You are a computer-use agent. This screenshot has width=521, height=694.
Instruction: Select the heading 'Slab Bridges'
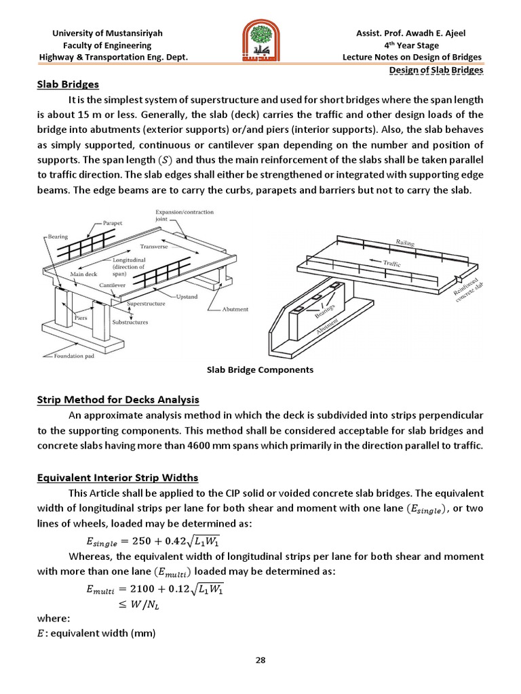tap(68, 85)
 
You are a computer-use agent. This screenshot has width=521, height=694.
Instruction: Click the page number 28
tap(260, 661)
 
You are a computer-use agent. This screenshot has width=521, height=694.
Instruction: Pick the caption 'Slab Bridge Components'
tap(260, 370)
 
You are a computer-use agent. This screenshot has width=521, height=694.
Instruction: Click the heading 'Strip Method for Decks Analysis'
tap(117, 399)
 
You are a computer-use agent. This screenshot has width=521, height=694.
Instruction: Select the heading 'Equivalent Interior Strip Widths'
tap(117, 478)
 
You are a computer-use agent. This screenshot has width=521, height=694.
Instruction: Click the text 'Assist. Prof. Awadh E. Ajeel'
tap(420, 33)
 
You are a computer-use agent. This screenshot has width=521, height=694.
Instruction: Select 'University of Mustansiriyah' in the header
tap(107, 33)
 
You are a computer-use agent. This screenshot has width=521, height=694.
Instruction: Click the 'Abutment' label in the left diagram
tap(235, 309)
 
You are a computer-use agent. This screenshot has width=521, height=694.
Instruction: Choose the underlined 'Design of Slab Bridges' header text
tap(436, 70)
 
